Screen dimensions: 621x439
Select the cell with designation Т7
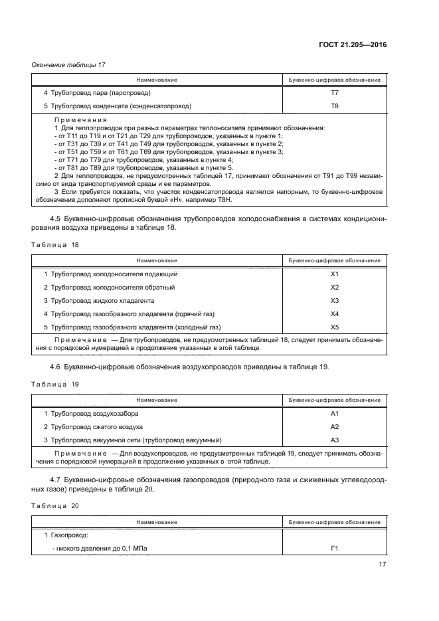(x=334, y=93)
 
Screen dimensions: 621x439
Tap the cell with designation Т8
(x=334, y=106)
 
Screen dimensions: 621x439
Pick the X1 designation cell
(x=334, y=274)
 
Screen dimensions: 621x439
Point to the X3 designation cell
(x=334, y=300)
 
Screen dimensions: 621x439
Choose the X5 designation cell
(x=334, y=327)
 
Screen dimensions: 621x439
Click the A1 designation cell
(x=334, y=413)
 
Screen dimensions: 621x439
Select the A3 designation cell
(x=334, y=440)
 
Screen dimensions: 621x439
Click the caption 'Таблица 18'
(x=56, y=245)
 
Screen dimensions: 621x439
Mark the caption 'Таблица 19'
(x=56, y=385)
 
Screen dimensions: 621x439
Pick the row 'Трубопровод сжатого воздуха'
(x=93, y=426)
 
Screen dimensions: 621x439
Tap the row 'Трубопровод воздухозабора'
(x=91, y=413)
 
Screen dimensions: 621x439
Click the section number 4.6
(x=56, y=367)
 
